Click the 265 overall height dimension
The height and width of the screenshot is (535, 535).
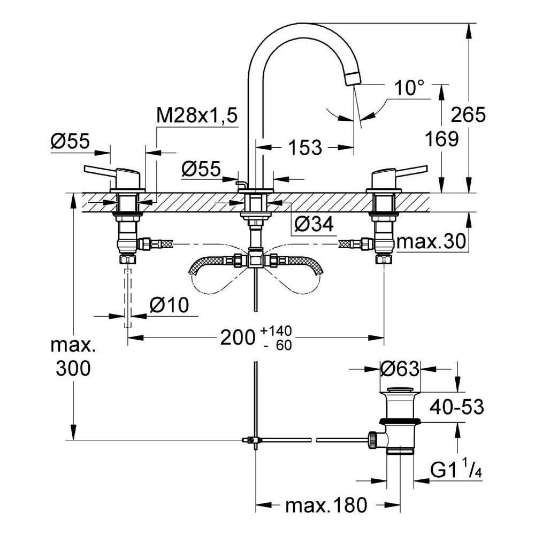point(468,114)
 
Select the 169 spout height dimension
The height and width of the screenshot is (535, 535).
point(441,139)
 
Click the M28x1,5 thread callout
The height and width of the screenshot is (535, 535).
point(196,116)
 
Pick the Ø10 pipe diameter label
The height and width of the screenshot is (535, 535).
point(170,306)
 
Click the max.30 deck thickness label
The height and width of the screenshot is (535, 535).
point(431,243)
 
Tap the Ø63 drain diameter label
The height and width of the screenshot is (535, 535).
point(400,369)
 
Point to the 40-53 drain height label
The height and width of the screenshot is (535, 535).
point(456,407)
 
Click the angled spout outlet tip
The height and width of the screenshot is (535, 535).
point(354,78)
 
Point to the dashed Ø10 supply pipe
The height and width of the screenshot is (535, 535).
point(128,298)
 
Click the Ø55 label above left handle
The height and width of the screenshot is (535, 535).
point(70,142)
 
